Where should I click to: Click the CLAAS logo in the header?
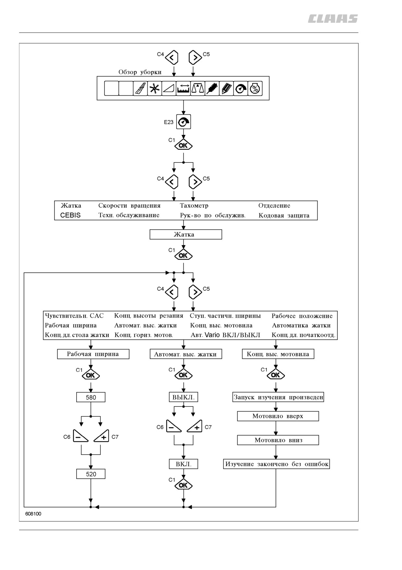click(333, 19)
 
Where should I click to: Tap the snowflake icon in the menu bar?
click(154, 88)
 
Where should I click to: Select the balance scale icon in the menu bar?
click(198, 88)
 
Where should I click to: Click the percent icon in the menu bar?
click(255, 88)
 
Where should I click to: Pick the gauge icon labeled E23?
click(184, 122)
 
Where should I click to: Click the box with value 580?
click(91, 397)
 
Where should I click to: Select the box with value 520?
click(91, 474)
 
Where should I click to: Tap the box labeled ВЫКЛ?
click(184, 397)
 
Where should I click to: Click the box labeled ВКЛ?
click(184, 464)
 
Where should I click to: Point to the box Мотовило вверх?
click(278, 416)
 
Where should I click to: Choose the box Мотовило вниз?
click(278, 440)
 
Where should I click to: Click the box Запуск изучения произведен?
click(278, 397)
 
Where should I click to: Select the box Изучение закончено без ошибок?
click(276, 464)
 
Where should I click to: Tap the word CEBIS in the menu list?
click(70, 215)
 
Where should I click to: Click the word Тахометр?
click(194, 205)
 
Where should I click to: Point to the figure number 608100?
click(33, 514)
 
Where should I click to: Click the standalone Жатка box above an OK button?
click(186, 235)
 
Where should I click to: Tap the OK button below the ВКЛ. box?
click(184, 485)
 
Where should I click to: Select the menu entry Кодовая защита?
click(284, 215)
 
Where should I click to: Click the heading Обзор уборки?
click(140, 72)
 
